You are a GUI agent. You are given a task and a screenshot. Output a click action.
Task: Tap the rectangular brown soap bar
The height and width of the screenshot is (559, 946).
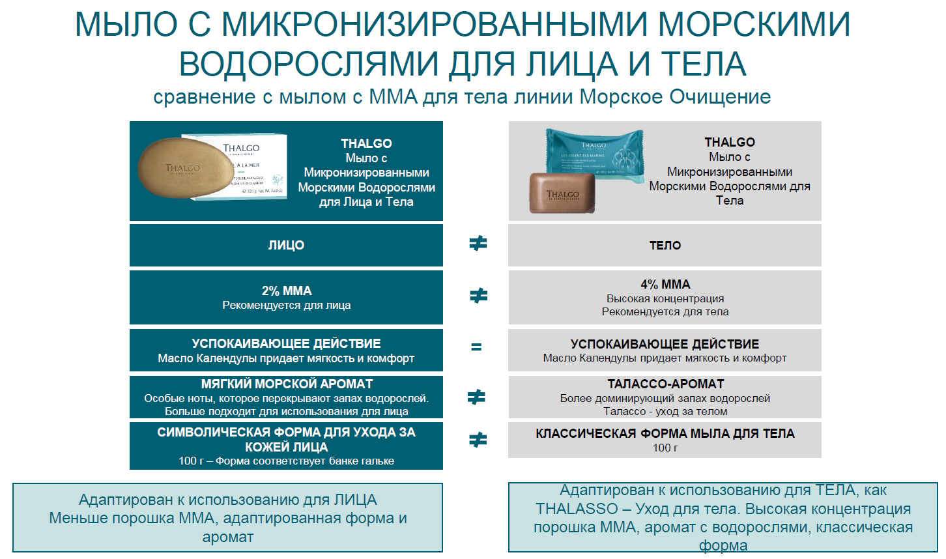tap(562, 193)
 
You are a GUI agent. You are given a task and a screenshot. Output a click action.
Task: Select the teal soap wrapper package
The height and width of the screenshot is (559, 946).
tap(595, 155)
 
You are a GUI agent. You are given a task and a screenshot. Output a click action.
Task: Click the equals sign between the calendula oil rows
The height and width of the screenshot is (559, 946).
tap(476, 347)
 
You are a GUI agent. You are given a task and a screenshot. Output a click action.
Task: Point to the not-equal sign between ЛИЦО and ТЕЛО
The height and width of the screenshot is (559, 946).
tap(478, 244)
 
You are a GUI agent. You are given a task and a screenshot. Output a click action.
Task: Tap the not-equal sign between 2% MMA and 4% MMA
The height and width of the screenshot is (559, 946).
tap(478, 296)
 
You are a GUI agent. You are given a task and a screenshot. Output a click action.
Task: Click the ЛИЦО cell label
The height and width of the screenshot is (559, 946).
tap(286, 246)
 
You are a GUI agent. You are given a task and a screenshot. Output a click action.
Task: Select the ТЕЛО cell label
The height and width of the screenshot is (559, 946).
tap(665, 246)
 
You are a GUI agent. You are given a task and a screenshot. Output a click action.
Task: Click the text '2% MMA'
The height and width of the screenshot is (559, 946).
tap(286, 291)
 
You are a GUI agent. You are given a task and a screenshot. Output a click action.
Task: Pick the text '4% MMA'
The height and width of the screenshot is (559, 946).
tap(665, 284)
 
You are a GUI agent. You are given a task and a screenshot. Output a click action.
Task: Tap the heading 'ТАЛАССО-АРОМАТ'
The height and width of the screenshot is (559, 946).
tap(666, 384)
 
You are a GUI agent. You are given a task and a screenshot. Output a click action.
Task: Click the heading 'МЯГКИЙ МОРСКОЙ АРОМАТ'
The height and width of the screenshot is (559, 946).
tap(287, 384)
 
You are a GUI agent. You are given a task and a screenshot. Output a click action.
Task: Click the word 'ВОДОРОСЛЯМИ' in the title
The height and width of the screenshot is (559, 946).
tap(309, 64)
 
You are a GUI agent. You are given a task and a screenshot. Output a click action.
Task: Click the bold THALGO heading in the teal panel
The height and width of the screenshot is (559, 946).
tap(366, 143)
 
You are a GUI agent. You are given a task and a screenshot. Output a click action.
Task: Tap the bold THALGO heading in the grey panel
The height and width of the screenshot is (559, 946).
tap(729, 142)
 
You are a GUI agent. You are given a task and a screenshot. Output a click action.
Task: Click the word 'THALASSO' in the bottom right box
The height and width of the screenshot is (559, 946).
tap(577, 509)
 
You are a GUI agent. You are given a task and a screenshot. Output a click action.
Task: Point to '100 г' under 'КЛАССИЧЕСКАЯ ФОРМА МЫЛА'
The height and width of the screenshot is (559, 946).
tap(665, 448)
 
